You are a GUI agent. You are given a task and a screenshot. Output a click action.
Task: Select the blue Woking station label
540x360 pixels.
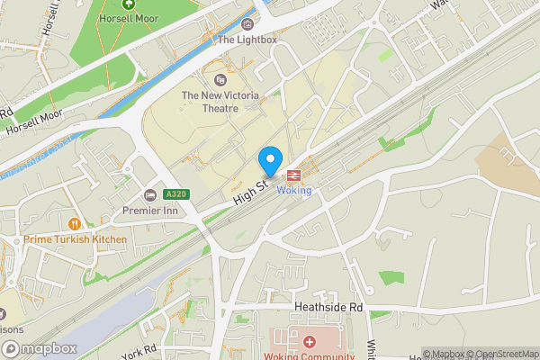(x=294, y=190)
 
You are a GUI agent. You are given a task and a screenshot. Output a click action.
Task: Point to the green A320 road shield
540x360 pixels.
(x=176, y=194)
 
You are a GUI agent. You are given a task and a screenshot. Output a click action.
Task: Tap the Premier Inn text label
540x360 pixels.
(x=151, y=211)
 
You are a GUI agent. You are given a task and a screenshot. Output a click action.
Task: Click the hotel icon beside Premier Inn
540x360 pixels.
(x=150, y=195)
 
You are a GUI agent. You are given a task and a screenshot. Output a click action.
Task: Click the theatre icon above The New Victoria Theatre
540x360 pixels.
(x=220, y=80)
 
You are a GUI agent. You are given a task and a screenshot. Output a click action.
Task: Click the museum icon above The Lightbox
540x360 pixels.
(x=247, y=23)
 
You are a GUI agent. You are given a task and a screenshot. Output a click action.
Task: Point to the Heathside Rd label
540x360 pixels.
(x=328, y=307)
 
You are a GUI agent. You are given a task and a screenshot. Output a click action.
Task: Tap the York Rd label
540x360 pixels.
(x=139, y=351)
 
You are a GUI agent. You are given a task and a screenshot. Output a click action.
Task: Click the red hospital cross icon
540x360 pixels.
(x=310, y=342)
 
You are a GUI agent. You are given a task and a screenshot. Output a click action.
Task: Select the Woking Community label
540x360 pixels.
(x=310, y=355)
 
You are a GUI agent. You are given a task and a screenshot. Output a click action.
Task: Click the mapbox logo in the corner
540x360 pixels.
(x=38, y=348)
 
